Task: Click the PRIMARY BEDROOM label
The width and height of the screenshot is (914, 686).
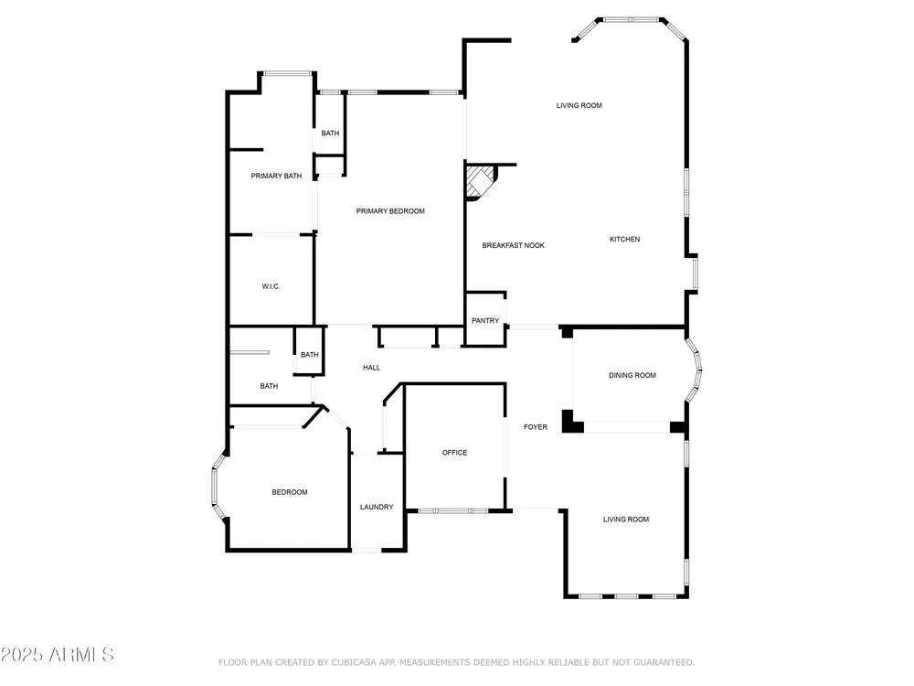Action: click(390, 211)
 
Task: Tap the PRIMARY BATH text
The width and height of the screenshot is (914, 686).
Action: click(276, 176)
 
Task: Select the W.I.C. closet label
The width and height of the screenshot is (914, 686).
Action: click(271, 286)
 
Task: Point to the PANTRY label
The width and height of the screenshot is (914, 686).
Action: click(485, 320)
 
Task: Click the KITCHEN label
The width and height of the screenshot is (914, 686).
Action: click(624, 239)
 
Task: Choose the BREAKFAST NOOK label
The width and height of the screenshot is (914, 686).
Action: click(513, 245)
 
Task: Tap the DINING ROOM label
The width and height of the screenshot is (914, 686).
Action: click(632, 375)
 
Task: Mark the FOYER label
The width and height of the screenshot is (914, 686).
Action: click(535, 427)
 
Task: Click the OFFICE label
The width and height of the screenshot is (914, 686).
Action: click(454, 453)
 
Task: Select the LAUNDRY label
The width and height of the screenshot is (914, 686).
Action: click(377, 507)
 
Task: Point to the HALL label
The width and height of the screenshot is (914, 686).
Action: click(371, 368)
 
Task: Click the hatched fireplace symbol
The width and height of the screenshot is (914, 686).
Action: click(479, 181)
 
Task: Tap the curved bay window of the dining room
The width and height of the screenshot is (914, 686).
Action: click(694, 370)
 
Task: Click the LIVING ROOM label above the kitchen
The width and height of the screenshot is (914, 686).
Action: click(579, 105)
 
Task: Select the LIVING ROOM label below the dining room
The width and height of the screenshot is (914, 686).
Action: click(625, 520)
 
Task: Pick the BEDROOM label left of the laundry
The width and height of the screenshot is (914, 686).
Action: click(289, 492)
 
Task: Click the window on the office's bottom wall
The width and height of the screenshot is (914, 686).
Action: click(453, 511)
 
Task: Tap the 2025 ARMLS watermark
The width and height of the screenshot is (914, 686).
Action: click(57, 655)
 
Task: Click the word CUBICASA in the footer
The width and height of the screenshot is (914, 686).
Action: click(354, 662)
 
